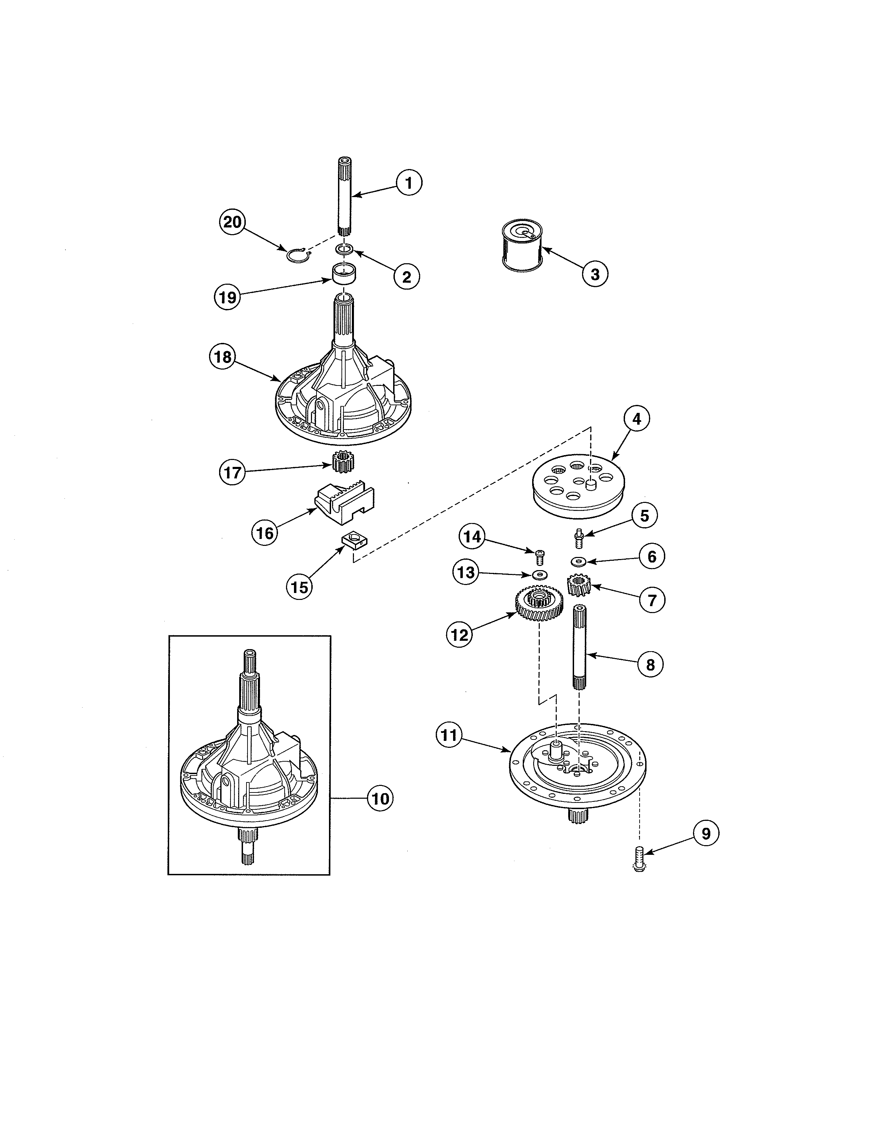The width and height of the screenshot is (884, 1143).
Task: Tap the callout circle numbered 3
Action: coord(595,274)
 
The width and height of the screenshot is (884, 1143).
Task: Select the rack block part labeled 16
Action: coord(345,504)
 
